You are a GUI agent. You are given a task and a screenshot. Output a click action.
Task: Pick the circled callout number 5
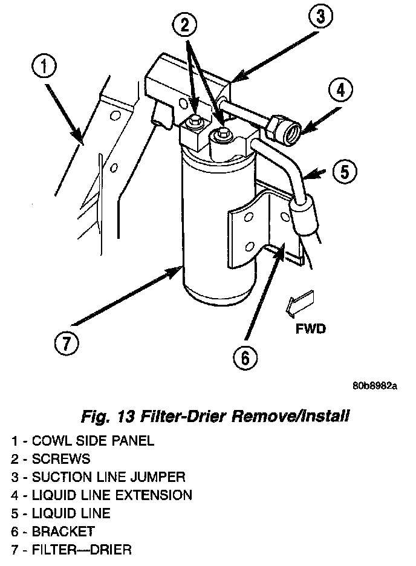coord(344,172)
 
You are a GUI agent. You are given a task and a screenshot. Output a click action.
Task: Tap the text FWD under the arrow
coord(311,330)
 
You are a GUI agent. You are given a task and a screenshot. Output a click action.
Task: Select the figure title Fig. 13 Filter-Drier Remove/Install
coord(215,417)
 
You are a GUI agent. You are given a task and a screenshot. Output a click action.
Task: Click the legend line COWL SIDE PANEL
coord(82,440)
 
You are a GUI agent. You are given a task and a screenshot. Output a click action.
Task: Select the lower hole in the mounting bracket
coord(250,246)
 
